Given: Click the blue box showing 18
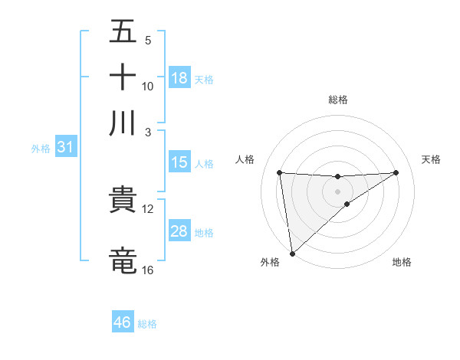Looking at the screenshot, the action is pos(179,78).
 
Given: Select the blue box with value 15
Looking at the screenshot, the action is pos(179,162).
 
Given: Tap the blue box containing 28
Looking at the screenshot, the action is pos(179,231).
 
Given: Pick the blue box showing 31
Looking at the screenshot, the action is pos(65,147).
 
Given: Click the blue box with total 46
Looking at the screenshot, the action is pos(123,322).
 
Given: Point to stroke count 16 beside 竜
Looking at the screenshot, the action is pos(147,270).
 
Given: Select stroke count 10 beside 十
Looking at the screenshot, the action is pos(147,86).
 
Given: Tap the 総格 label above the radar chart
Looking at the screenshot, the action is pos(337,100).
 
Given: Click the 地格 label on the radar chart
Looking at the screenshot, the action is pos(402,262).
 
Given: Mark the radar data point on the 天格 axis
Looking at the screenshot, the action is pos(396,172).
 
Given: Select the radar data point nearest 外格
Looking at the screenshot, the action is pos(292,253).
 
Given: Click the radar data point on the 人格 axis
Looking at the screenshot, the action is pos(279,172).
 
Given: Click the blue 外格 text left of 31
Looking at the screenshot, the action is pos(40,148).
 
